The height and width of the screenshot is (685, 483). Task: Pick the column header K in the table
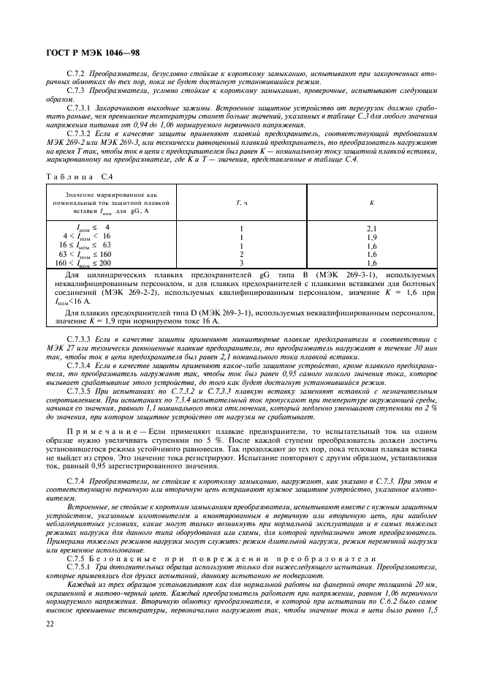(x=371, y=203)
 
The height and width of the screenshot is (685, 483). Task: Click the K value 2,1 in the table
(x=371, y=228)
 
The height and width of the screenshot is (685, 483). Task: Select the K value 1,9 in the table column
(x=371, y=236)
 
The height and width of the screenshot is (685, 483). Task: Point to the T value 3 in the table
(x=240, y=261)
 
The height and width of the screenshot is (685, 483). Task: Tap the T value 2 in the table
(x=240, y=253)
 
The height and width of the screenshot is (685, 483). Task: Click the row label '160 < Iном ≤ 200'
(x=85, y=262)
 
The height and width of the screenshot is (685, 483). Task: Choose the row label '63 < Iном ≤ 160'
(x=85, y=254)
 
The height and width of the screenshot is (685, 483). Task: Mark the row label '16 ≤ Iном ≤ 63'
(x=85, y=245)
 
